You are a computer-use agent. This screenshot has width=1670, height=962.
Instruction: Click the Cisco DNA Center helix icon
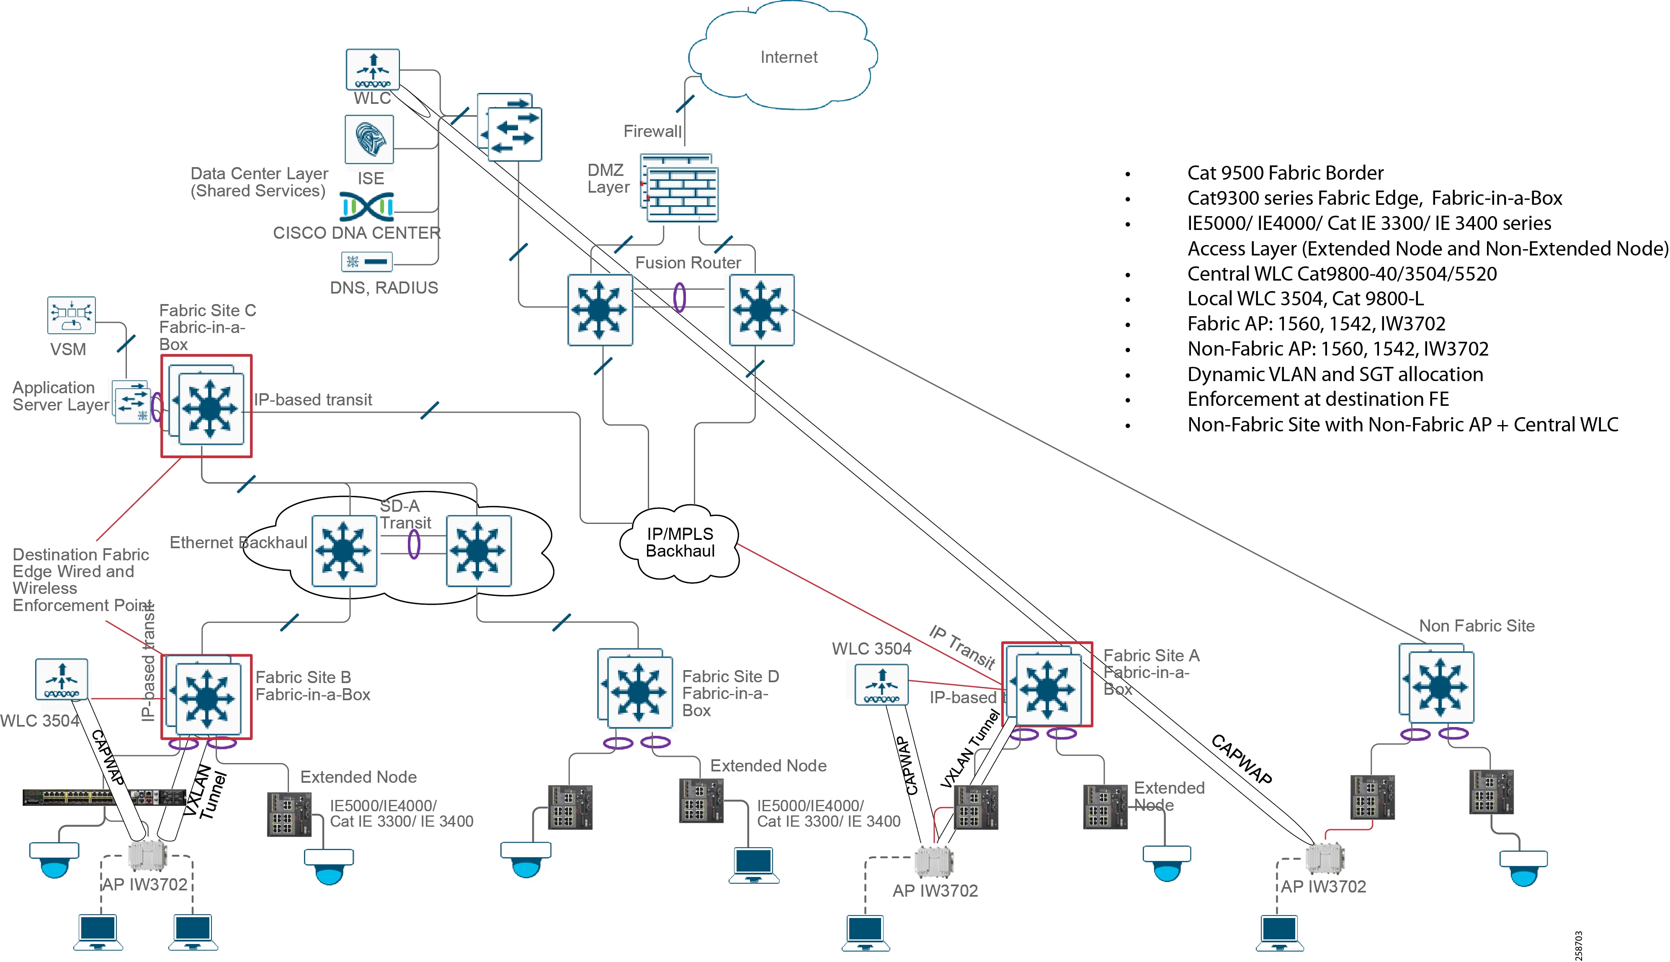367,207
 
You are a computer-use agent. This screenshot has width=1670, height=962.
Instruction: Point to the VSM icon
71,315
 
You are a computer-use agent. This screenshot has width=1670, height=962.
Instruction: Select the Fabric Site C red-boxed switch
207,406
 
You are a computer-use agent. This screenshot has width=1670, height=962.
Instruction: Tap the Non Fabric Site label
1477,626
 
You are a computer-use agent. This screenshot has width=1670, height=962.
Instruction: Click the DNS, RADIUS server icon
367,262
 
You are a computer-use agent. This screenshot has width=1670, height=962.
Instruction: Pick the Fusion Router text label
688,263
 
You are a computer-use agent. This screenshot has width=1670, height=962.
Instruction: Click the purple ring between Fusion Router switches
679,297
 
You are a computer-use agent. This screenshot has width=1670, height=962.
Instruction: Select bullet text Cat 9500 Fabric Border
1285,173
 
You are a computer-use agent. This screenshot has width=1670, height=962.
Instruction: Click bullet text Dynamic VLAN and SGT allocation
1335,375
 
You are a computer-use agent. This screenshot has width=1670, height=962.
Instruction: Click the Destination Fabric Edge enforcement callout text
80,580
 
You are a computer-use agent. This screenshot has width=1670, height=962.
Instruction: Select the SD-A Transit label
404,514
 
